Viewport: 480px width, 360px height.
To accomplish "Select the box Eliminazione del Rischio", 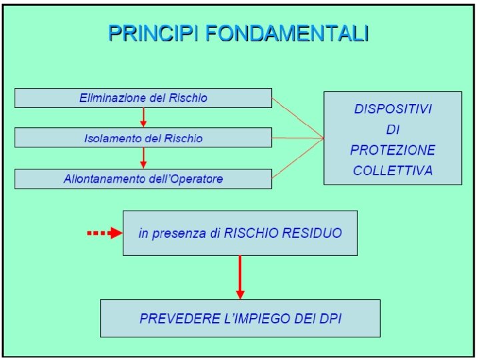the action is [143, 98].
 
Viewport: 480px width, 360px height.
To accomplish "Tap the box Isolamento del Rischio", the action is [143, 138].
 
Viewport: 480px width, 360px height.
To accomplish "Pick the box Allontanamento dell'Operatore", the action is [143, 179].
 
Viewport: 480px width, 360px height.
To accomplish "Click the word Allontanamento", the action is [104, 179].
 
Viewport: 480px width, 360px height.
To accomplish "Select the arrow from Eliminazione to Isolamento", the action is [143, 117].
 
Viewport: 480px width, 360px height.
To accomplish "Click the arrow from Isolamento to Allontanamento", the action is [143, 158].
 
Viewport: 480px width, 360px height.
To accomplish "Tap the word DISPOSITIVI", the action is [393, 109].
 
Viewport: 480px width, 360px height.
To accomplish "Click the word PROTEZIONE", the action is [393, 150].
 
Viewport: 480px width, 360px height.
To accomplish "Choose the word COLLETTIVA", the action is [393, 170].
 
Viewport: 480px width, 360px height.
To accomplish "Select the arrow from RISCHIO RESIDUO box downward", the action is [240, 277].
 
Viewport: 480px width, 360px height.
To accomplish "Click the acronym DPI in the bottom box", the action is [329, 319].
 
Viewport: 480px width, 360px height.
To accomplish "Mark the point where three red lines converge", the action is [323, 138].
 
